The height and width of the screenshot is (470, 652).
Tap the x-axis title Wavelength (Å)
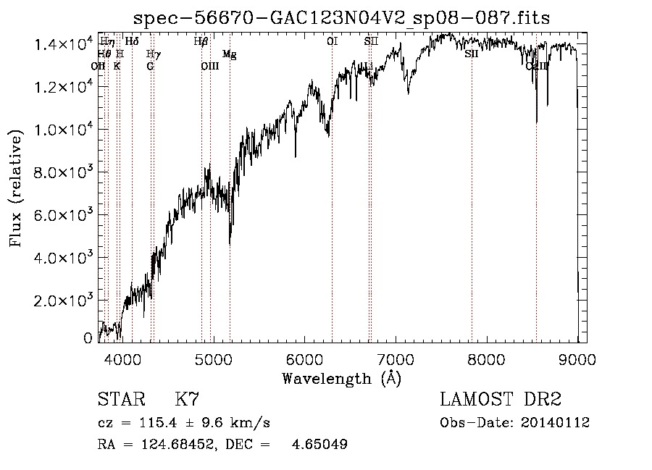click(342, 378)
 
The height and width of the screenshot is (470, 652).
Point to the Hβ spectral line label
click(201, 42)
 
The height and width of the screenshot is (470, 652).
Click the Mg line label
click(229, 54)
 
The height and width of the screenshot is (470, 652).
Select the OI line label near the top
click(332, 42)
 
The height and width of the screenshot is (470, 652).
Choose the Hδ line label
click(132, 42)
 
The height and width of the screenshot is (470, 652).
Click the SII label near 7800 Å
click(472, 54)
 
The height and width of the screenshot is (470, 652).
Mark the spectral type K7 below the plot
click(187, 399)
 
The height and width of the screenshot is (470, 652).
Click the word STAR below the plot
click(120, 399)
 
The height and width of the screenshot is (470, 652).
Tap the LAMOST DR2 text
click(501, 399)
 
